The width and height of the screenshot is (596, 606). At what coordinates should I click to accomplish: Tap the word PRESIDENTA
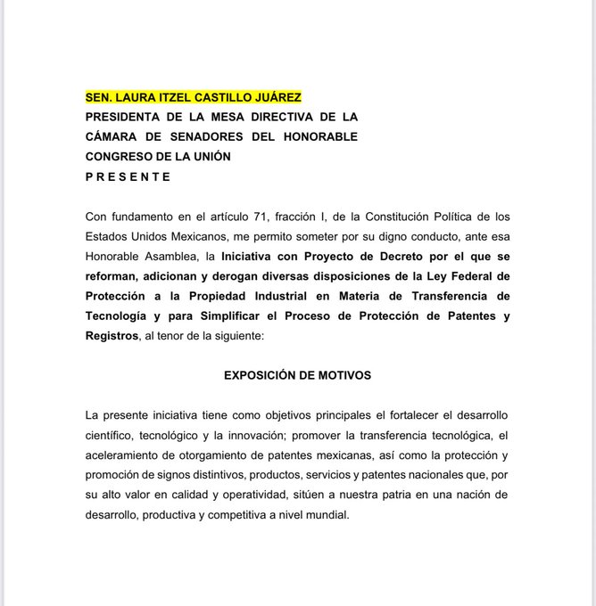(x=132, y=117)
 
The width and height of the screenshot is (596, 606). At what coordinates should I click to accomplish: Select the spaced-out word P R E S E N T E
(x=128, y=176)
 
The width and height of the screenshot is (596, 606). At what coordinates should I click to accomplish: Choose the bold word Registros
(x=112, y=336)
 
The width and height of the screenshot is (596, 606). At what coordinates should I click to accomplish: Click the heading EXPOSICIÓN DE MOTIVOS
(x=297, y=375)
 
